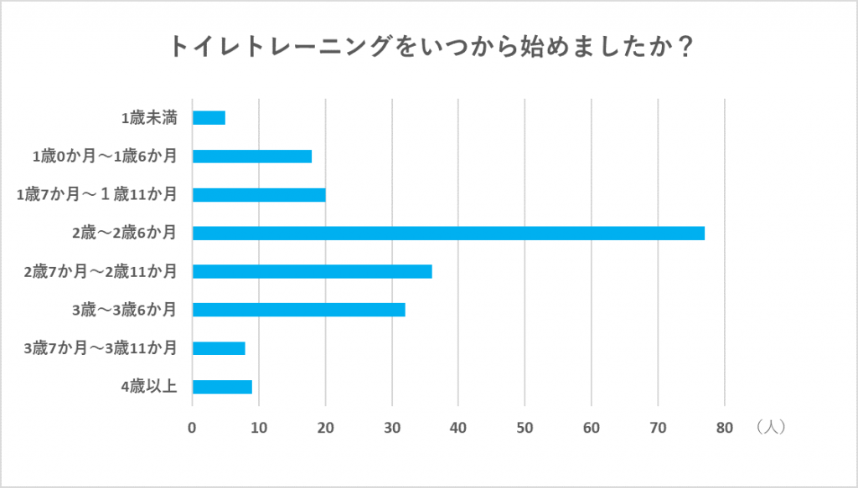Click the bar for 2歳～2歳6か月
click(448, 233)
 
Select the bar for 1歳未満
click(209, 118)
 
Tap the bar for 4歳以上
click(222, 387)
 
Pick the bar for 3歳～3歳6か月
click(298, 310)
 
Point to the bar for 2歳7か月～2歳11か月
click(312, 271)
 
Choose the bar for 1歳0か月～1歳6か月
click(251, 157)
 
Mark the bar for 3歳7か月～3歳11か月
click(219, 348)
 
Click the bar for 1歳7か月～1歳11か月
click(259, 195)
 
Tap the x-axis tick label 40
click(458, 428)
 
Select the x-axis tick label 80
click(725, 428)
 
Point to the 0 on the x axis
click(193, 428)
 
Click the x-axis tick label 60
click(592, 428)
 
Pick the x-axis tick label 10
click(259, 428)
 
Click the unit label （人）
click(768, 427)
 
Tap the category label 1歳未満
click(148, 118)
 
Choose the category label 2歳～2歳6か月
click(124, 233)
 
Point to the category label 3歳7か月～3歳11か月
click(101, 348)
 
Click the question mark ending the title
click(683, 47)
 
